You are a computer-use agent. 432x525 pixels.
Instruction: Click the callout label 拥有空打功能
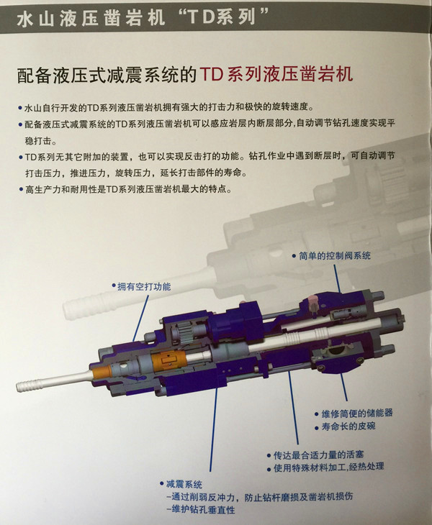(x=144, y=286)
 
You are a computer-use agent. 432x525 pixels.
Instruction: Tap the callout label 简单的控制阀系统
(x=335, y=256)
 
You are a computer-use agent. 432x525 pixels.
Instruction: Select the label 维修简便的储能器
(x=357, y=414)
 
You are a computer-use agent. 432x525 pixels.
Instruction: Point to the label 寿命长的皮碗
(x=348, y=426)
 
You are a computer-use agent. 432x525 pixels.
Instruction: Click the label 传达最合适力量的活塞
(x=318, y=455)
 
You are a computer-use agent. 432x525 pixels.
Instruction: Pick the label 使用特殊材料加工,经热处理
(x=328, y=467)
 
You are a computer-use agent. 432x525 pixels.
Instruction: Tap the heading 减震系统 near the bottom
(x=184, y=484)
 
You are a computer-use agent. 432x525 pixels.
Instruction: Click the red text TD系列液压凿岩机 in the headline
(x=276, y=74)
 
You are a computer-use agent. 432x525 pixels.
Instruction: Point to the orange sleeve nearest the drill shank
(x=102, y=372)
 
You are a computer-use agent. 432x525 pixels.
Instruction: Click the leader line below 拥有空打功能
(x=141, y=317)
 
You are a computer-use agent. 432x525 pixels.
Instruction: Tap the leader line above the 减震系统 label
(x=214, y=429)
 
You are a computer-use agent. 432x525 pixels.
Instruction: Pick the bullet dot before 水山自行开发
(x=20, y=109)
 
